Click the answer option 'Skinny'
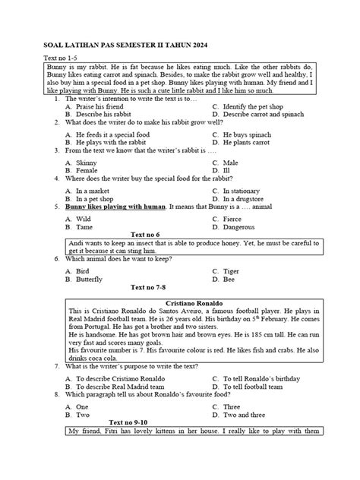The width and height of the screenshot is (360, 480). (x=86, y=163)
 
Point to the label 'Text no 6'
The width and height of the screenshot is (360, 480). (x=146, y=235)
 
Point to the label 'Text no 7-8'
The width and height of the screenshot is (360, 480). (x=152, y=288)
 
